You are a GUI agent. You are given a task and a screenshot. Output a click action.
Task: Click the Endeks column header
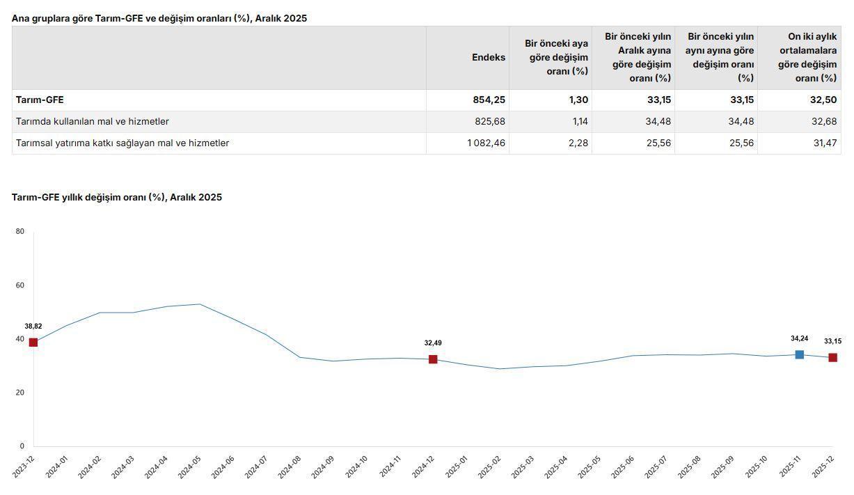pos(488,58)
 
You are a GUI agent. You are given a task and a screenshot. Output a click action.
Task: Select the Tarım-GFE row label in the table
pos(40,100)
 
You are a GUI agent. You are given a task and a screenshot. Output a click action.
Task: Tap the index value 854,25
pos(489,100)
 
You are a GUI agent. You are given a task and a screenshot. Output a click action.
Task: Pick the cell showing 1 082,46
pos(486,143)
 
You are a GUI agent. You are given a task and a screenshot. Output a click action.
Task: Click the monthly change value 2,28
pos(578,143)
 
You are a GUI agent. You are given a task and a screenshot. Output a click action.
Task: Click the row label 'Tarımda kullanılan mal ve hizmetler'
pos(93,122)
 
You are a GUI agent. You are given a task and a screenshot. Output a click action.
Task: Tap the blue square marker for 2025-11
pos(800,355)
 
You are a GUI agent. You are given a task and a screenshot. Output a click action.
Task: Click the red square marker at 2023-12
pos(33,343)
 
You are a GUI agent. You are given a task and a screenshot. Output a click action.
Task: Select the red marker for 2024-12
pos(433,359)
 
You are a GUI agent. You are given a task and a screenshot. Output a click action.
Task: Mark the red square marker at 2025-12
pos(832,358)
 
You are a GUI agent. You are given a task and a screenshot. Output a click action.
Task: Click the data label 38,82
pos(33,327)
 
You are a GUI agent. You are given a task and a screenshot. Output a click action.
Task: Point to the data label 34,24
pos(800,339)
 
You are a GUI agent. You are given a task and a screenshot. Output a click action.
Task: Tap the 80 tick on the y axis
pos(20,232)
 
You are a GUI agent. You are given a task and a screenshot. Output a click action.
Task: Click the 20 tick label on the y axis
pos(20,393)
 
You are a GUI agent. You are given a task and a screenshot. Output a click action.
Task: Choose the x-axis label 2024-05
pos(189,467)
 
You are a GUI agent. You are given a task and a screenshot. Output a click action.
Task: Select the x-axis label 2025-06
pos(622,467)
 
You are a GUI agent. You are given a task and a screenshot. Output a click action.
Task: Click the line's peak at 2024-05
pos(200,304)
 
